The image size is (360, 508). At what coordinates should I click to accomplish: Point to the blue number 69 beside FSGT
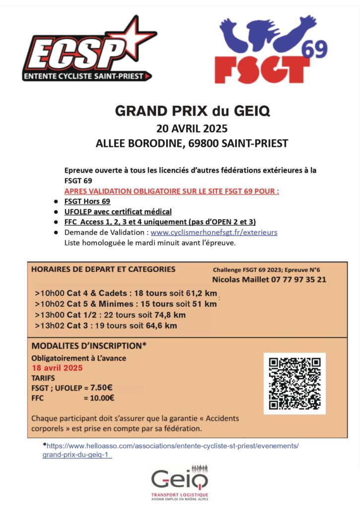tap(314, 49)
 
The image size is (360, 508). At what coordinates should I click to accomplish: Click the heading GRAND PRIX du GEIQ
tap(192, 111)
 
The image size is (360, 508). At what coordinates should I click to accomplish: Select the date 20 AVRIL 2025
tap(192, 128)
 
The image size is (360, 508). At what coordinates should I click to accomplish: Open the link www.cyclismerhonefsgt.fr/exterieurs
tap(214, 232)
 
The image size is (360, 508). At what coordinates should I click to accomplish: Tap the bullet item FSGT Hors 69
tap(87, 201)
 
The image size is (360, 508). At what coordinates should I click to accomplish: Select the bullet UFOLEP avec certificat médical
tap(118, 211)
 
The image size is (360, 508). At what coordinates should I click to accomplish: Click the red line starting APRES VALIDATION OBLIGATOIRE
tap(172, 191)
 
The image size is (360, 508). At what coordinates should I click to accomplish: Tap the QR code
tap(294, 383)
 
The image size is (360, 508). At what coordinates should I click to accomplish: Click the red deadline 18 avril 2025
tap(57, 368)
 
